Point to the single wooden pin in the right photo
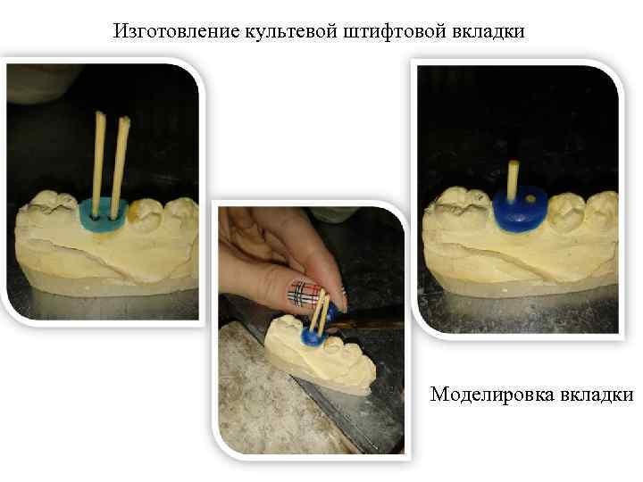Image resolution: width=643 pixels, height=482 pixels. point(513,179)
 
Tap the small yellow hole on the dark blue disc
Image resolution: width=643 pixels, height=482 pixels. point(532,199)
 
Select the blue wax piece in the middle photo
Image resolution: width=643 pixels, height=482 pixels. point(313,337)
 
